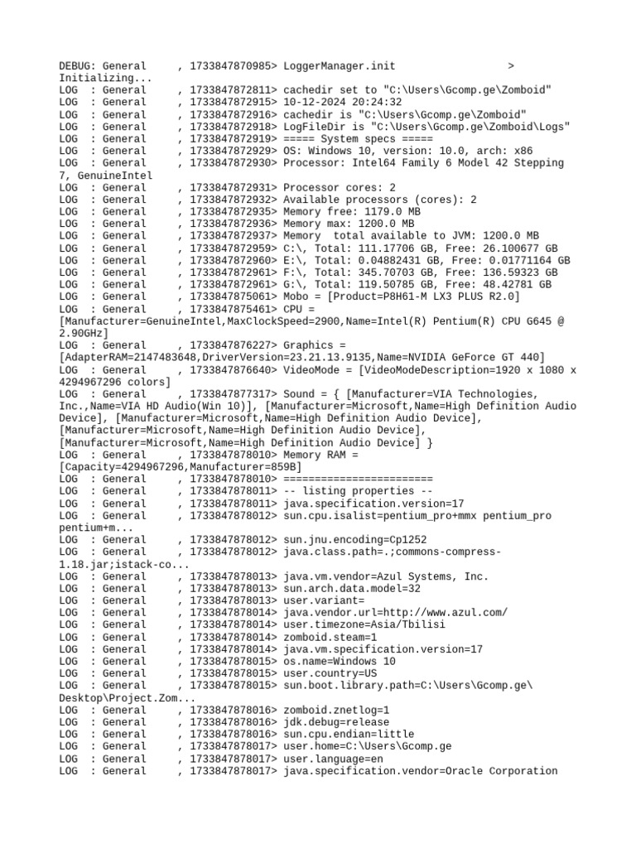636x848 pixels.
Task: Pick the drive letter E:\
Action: [292, 261]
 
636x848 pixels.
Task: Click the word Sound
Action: [302, 394]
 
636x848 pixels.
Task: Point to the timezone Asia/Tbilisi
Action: [396, 625]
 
